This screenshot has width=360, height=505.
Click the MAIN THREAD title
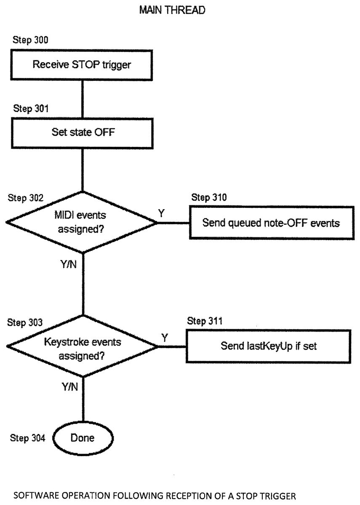tap(172, 10)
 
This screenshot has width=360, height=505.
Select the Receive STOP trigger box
tap(82, 65)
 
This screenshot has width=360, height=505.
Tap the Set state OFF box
tap(83, 133)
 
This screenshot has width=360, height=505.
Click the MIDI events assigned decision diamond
tap(82, 222)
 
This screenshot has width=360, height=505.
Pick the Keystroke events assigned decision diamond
tap(83, 346)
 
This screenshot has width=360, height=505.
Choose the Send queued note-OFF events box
tap(272, 223)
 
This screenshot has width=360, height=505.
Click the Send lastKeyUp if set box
tap(269, 346)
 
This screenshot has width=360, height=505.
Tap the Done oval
tap(83, 438)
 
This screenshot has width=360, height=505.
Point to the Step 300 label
tap(30, 40)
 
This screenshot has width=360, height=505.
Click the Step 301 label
tap(31, 109)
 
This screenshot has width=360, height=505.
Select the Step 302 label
tap(26, 198)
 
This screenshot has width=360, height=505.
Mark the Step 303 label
tap(25, 322)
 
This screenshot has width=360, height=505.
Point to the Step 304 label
tap(27, 438)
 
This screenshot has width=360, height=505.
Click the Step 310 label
tap(209, 197)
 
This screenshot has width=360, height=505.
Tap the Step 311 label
tap(205, 321)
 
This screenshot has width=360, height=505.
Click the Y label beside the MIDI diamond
tap(161, 213)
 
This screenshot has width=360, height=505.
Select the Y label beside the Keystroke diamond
tap(165, 338)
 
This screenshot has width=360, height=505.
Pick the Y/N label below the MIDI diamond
tap(69, 264)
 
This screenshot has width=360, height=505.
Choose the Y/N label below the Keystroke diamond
tap(70, 387)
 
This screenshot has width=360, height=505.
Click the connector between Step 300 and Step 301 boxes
tap(83, 99)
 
